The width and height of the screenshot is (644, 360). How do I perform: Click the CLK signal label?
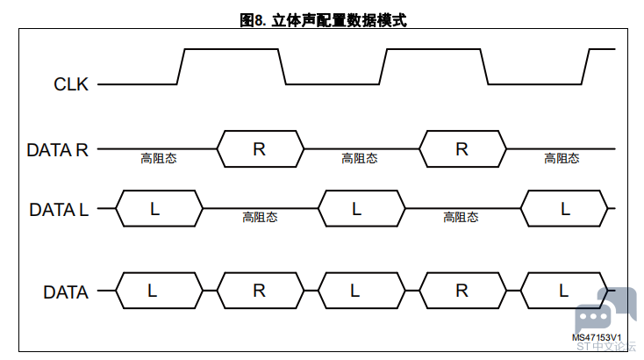[x=71, y=84]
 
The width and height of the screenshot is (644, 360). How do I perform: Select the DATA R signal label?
[x=58, y=150]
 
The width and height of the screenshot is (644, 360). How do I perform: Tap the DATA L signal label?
[x=59, y=210]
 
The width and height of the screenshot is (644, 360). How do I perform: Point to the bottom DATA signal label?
[x=66, y=292]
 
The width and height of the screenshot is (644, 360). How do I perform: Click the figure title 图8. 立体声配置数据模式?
[x=323, y=20]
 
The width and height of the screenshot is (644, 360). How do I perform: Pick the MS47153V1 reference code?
[x=597, y=337]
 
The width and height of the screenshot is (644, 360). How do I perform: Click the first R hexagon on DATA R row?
[x=261, y=148]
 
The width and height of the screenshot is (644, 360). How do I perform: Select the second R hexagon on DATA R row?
[x=463, y=148]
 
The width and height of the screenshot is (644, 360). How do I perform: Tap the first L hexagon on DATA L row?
[x=160, y=208]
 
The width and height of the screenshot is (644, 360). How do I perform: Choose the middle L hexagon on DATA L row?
[x=361, y=208]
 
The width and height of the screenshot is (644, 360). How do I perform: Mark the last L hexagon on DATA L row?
[x=564, y=208]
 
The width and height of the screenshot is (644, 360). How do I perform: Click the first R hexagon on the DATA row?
[x=261, y=291]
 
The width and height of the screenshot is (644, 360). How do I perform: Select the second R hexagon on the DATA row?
[x=463, y=291]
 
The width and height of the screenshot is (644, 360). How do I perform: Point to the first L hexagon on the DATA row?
[x=160, y=291]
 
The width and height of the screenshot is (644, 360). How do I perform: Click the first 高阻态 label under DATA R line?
[x=159, y=158]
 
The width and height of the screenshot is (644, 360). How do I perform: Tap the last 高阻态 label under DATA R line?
[x=562, y=158]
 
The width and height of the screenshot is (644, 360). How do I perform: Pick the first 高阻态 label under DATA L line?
[x=260, y=217]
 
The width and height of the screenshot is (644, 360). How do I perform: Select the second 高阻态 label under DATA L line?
[x=461, y=217]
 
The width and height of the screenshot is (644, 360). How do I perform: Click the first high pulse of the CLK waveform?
[x=232, y=49]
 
